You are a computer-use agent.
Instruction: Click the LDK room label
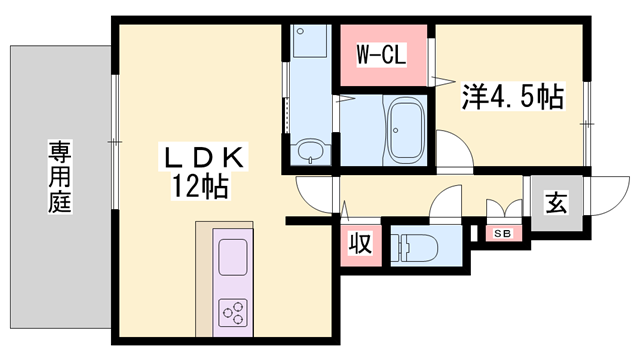point(204,157)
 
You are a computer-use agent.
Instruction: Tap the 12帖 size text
point(204,185)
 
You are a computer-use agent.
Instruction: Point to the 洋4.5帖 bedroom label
point(511,97)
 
